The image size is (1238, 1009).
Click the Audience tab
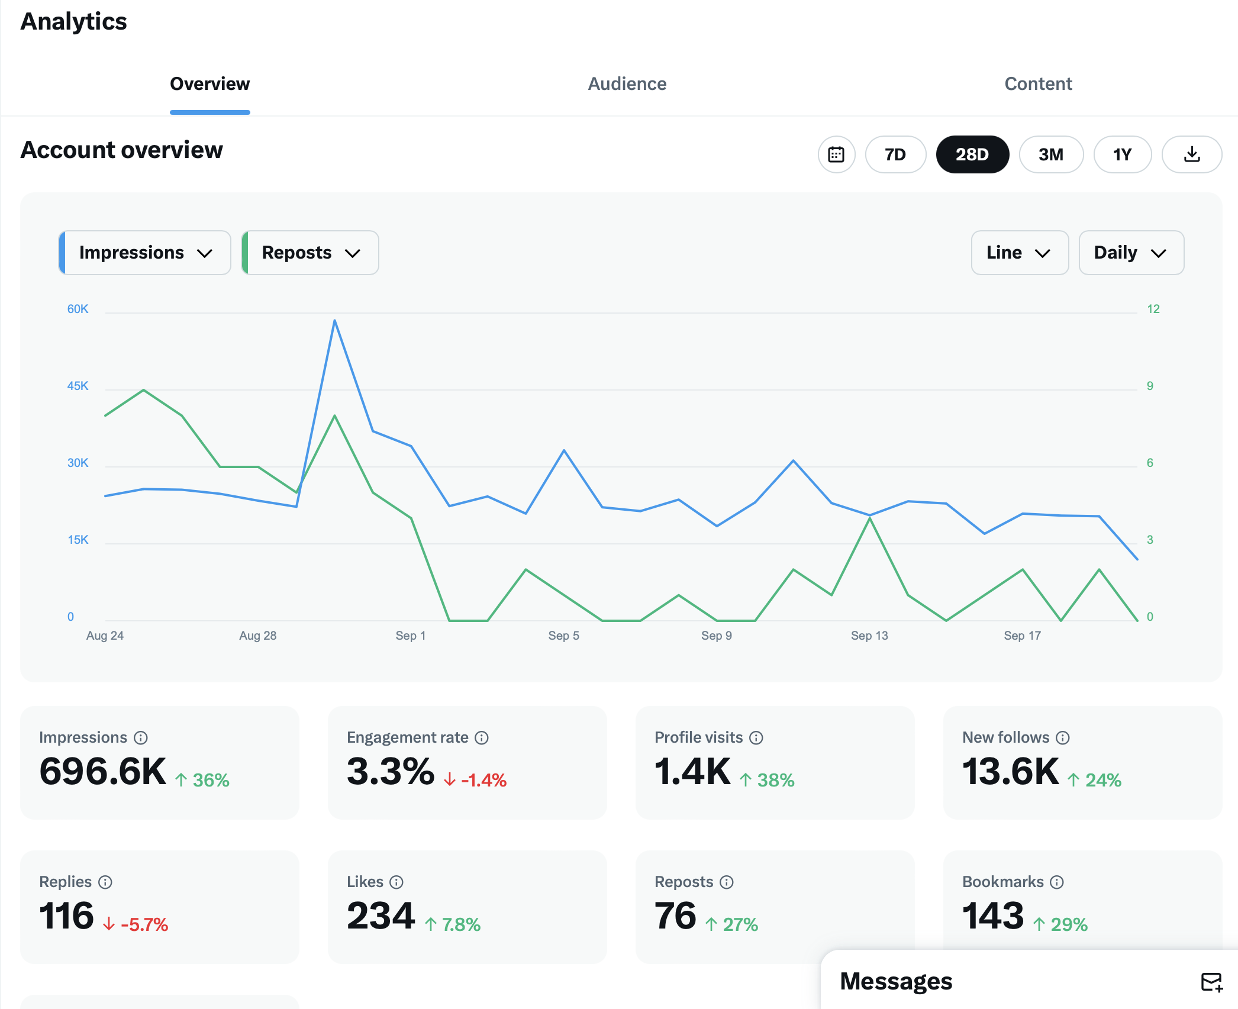click(x=627, y=84)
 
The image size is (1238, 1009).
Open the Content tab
click(x=1037, y=84)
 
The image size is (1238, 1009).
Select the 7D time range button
click(x=895, y=154)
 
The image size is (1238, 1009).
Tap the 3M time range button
click(x=1050, y=154)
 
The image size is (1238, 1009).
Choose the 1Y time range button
click(x=1121, y=154)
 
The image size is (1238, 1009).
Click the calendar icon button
click(x=836, y=154)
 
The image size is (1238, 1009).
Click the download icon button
click(x=1191, y=154)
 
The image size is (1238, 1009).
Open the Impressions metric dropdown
click(x=145, y=253)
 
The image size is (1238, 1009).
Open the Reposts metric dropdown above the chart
click(x=310, y=253)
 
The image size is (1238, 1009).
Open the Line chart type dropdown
click(x=1019, y=253)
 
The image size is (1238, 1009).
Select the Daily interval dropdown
click(x=1130, y=253)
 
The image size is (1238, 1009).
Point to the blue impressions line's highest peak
click(x=335, y=321)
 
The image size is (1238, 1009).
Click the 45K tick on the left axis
click(x=78, y=386)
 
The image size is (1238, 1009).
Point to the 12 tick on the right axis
click(x=1153, y=309)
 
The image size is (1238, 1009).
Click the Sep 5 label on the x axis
click(x=563, y=636)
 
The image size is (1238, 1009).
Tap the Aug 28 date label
click(x=257, y=636)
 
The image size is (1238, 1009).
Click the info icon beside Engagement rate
click(x=482, y=737)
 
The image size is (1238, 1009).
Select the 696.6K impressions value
click(x=103, y=772)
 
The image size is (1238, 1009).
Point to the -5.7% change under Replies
click(x=144, y=924)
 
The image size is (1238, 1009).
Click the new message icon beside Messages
click(x=1211, y=982)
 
